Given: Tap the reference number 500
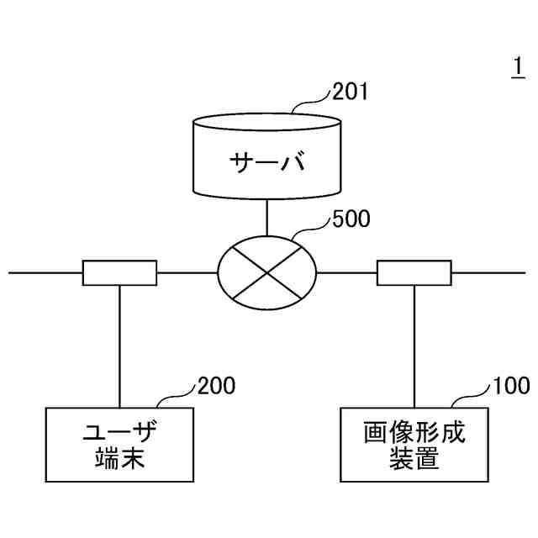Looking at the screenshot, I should (351, 220).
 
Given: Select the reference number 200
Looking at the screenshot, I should (216, 386).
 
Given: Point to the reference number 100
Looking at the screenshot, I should (511, 386).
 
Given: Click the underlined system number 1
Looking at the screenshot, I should (518, 66).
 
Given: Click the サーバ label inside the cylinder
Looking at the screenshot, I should (267, 161).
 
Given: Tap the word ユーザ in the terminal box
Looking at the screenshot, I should (121, 435).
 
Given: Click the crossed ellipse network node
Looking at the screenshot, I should (267, 272).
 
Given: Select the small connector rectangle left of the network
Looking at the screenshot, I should (119, 272).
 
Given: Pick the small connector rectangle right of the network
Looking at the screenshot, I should (414, 272).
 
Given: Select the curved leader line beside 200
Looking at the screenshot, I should (178, 396).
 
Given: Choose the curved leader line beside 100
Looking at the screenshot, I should (473, 396).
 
